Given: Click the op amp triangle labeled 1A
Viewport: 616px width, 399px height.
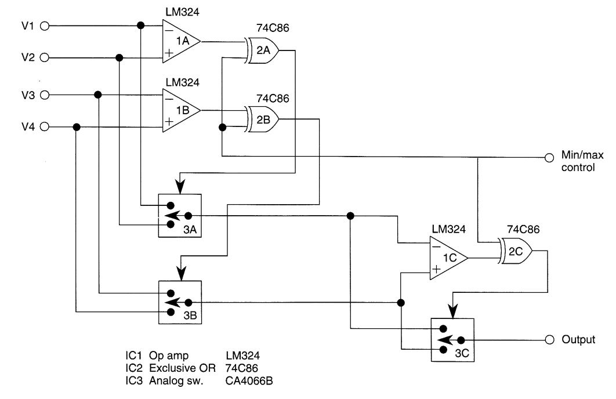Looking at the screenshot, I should [x=180, y=41].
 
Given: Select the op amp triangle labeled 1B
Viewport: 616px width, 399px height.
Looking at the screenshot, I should [x=180, y=110].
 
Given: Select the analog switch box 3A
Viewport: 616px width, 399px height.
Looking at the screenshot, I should [x=180, y=215].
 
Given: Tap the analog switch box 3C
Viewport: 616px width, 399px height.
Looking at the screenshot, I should [x=452, y=340].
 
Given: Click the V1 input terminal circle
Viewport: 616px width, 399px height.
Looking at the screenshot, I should [x=46, y=26].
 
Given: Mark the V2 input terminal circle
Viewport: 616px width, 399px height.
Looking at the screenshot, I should [x=46, y=57].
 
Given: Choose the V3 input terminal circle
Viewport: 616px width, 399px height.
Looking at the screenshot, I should [x=46, y=95].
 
